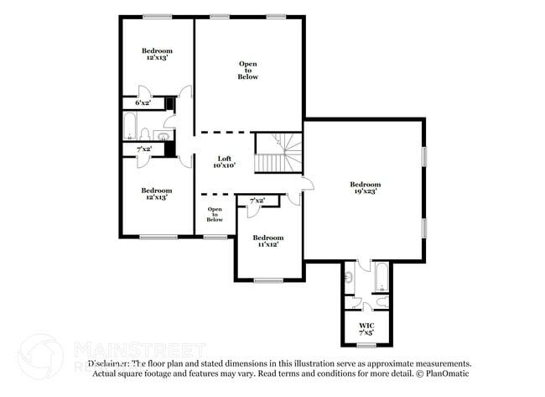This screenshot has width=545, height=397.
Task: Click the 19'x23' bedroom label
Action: (x=365, y=188)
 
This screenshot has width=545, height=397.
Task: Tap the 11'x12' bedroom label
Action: (x=267, y=241)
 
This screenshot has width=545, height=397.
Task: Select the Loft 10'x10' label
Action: (x=224, y=162)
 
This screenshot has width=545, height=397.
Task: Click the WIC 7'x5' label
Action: (x=366, y=328)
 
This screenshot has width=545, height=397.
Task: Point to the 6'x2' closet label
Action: (x=143, y=102)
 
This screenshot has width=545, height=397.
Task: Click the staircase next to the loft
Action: (x=277, y=153)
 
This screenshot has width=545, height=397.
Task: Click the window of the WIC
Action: (x=366, y=344)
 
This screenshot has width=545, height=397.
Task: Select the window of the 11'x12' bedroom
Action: (x=267, y=279)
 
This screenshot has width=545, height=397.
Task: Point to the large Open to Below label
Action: (x=247, y=71)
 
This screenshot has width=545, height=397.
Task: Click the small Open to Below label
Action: (x=215, y=214)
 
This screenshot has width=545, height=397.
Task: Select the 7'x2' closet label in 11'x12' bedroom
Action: (x=257, y=201)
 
